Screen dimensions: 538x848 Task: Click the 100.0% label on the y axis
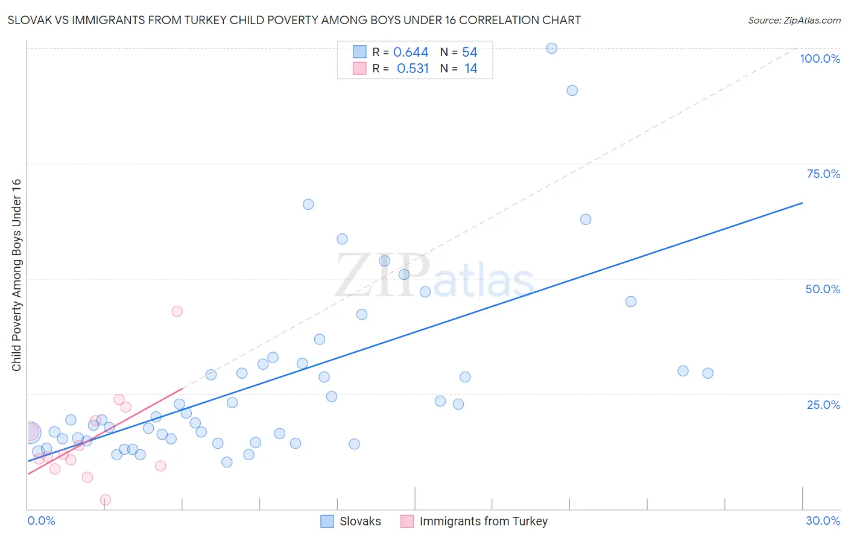(820, 59)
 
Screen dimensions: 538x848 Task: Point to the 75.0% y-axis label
(823, 174)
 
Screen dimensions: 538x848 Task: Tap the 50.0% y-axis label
(823, 289)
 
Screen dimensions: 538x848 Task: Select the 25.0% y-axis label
(823, 404)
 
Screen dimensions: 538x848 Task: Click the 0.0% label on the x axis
(41, 521)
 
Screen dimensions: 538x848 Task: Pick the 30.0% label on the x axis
(823, 521)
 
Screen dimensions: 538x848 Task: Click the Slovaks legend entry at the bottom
(359, 521)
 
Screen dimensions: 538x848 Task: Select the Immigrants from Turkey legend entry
(483, 521)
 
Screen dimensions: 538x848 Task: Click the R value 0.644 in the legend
(411, 52)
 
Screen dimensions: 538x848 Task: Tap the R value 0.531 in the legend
(413, 69)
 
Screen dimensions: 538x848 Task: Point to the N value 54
(470, 52)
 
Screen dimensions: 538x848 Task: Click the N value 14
(471, 69)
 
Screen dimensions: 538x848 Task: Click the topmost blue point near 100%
(552, 48)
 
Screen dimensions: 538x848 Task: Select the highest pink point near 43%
(177, 311)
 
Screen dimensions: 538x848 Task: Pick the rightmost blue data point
(708, 373)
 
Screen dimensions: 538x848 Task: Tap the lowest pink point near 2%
(106, 500)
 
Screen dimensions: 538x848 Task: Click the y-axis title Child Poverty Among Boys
(16, 275)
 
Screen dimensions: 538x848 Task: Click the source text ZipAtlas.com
(794, 21)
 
